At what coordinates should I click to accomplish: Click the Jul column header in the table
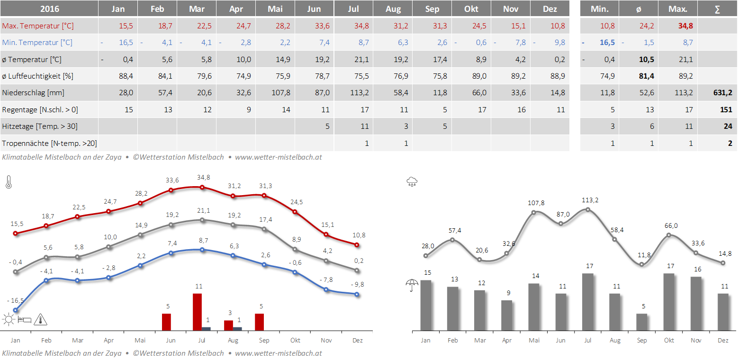(x=353, y=9)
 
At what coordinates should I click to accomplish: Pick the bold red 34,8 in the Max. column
(x=685, y=26)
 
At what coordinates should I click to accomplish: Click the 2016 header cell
(x=49, y=9)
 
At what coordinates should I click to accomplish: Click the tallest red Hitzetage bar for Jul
(x=197, y=312)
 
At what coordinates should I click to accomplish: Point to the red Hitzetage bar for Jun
(x=166, y=322)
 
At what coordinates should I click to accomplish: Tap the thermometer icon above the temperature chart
(x=9, y=182)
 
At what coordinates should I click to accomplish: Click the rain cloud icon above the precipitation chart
(x=412, y=181)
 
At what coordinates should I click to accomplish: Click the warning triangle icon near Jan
(x=41, y=320)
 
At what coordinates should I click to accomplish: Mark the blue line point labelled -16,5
(x=16, y=310)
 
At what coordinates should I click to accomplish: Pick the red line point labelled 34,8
(x=202, y=187)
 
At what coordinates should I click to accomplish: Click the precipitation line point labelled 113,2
(x=588, y=209)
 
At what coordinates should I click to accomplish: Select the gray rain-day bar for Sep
(x=642, y=322)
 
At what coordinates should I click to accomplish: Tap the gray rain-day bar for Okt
(x=669, y=302)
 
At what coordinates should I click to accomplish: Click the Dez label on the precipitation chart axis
(x=723, y=340)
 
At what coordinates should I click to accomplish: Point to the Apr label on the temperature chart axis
(x=108, y=340)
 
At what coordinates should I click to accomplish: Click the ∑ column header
(x=717, y=9)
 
